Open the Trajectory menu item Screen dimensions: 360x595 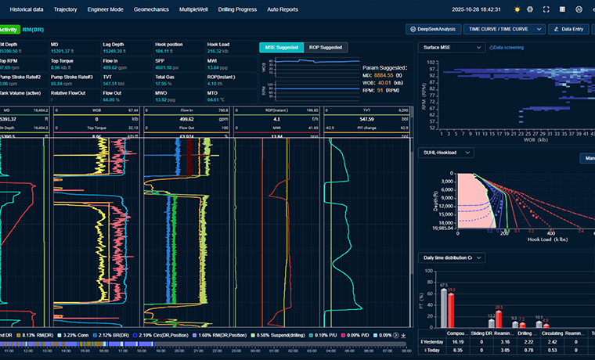[x=66, y=9]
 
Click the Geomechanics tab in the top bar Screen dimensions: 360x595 [x=150, y=9]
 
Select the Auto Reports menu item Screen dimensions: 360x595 [x=283, y=9]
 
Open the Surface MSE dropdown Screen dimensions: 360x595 [x=453, y=47]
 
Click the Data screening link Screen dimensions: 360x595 [x=507, y=47]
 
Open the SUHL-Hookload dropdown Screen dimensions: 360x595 [x=446, y=152]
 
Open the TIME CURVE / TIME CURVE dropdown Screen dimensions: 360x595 [x=498, y=29]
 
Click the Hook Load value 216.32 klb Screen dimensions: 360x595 [x=218, y=50]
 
